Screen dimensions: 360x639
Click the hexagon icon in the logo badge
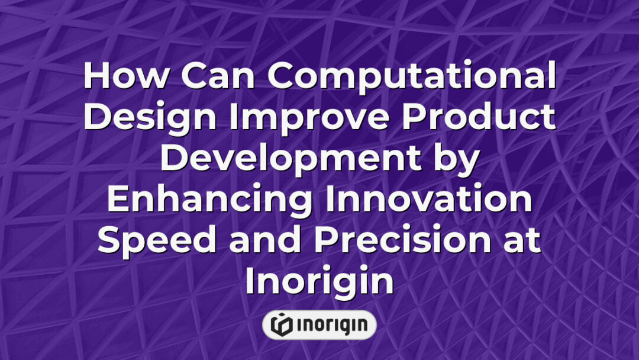point(281,324)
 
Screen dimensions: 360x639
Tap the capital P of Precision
point(325,242)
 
